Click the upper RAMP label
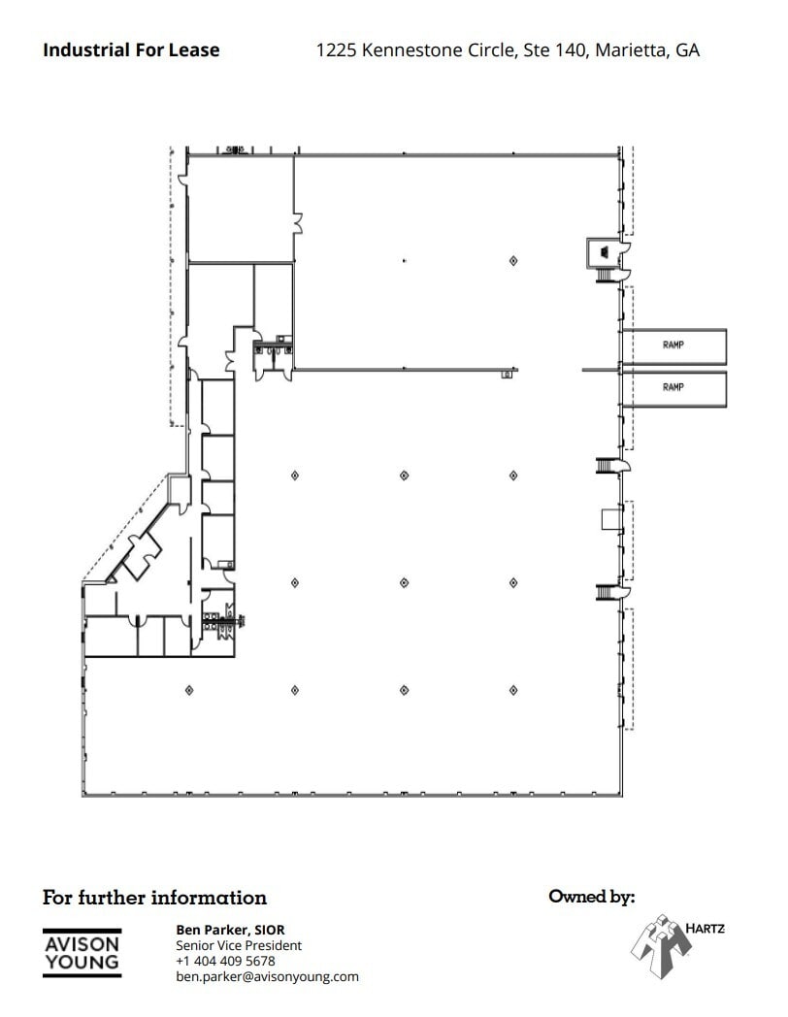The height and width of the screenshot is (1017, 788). (673, 344)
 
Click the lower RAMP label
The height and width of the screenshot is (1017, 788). (673, 387)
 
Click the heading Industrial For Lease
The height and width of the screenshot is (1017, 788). (131, 49)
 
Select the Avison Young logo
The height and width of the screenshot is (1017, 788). (82, 952)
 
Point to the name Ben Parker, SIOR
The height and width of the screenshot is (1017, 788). (230, 930)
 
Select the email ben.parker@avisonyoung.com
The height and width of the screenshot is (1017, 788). (267, 976)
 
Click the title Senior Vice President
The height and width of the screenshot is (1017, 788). (239, 945)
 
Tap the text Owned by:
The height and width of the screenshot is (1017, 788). (591, 897)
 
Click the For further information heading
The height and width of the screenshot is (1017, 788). (154, 898)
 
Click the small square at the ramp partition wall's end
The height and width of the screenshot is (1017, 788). (506, 374)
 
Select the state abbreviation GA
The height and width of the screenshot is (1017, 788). (687, 50)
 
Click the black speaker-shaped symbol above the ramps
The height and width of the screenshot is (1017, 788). (605, 252)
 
